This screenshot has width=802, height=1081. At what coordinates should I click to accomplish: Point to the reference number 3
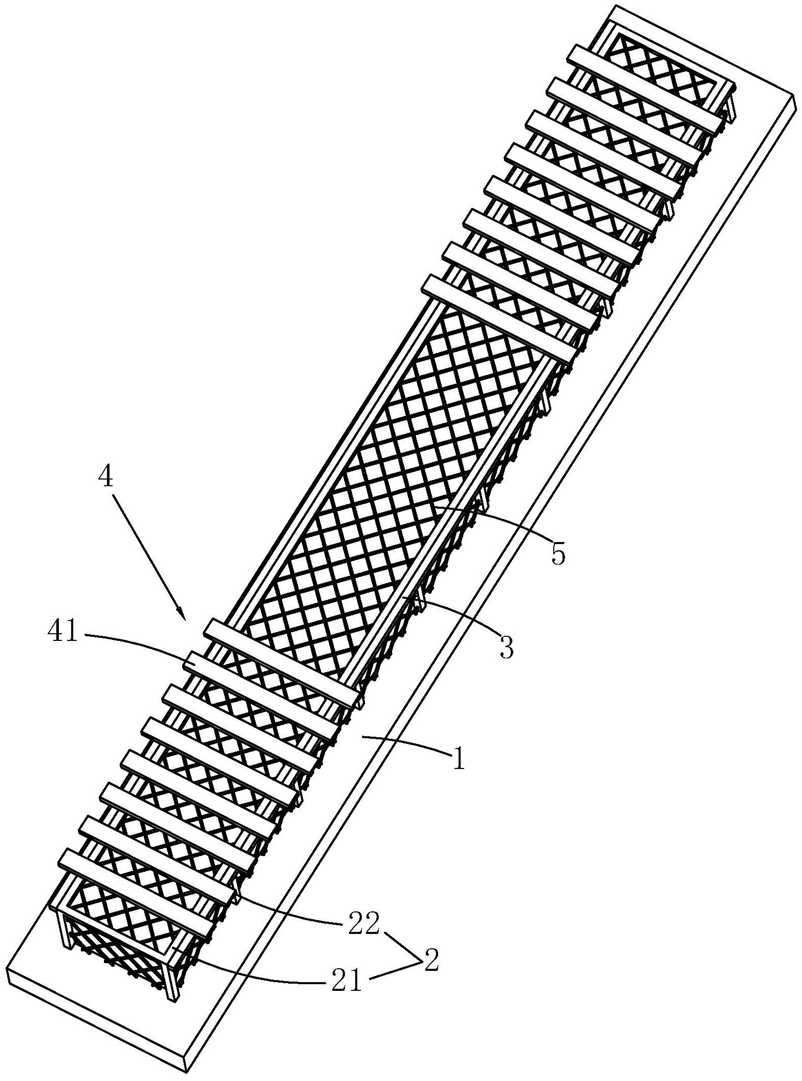point(506,647)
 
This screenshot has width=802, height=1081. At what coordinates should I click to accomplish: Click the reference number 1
point(459,759)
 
